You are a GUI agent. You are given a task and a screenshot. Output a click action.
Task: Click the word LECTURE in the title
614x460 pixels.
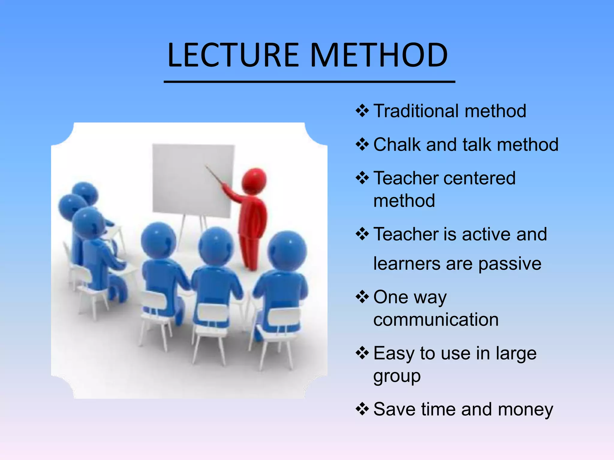[x=233, y=55]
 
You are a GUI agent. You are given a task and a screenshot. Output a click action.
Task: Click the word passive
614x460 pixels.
[x=510, y=264]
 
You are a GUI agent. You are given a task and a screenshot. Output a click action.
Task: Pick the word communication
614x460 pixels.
[x=436, y=320]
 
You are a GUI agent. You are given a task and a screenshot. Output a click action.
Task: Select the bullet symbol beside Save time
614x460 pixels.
[x=362, y=409]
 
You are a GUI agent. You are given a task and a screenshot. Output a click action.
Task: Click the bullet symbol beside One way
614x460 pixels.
[x=362, y=297]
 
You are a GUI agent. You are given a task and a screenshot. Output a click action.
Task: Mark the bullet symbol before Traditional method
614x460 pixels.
[x=362, y=111]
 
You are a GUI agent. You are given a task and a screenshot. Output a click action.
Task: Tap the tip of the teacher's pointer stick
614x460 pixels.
[x=206, y=166]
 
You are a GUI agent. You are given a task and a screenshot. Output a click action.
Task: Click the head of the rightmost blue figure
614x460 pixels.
[x=287, y=250]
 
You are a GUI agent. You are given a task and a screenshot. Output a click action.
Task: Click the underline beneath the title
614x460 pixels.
[x=309, y=81]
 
